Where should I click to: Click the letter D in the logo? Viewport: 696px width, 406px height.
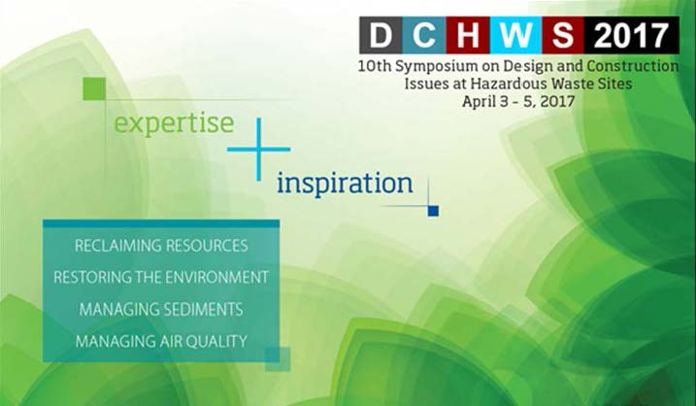tap(381, 35)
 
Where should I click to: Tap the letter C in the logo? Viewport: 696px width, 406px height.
tap(424, 35)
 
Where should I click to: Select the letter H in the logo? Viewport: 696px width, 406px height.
tap(468, 35)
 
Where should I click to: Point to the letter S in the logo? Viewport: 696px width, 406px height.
tap(562, 35)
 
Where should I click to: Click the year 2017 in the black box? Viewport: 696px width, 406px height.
tap(631, 36)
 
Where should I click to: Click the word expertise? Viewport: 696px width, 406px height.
tap(174, 124)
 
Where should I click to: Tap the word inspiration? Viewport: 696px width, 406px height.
tap(345, 184)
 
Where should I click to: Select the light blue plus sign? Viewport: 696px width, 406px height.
tap(258, 150)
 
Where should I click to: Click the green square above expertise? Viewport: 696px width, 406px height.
tap(94, 88)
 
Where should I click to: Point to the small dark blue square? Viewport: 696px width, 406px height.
tap(433, 211)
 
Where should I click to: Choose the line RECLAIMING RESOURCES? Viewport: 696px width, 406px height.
tap(161, 246)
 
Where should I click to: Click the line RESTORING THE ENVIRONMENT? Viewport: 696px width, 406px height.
tap(161, 277)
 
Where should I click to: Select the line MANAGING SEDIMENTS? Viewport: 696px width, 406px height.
tap(161, 309)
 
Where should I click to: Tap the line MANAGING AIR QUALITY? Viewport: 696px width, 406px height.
tap(161, 341)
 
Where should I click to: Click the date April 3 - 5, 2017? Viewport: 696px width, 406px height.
tap(518, 101)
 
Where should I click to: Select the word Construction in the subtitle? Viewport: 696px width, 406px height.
tap(633, 66)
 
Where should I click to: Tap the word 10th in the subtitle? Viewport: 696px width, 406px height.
tap(375, 66)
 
